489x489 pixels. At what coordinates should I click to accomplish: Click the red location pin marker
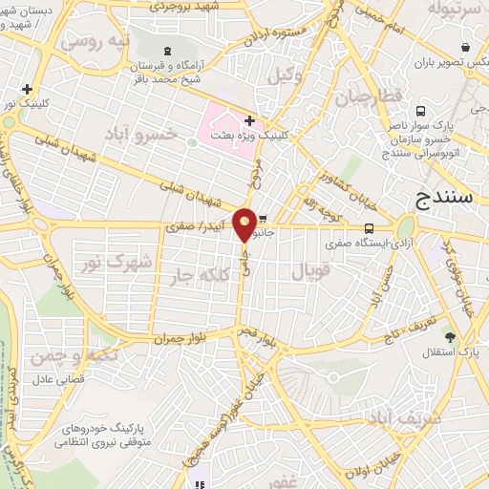(x=245, y=224)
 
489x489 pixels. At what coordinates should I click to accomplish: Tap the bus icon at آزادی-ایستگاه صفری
(x=369, y=227)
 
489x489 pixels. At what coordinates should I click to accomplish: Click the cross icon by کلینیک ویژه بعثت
(x=249, y=121)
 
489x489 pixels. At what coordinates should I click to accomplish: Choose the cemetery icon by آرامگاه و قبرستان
(x=168, y=50)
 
